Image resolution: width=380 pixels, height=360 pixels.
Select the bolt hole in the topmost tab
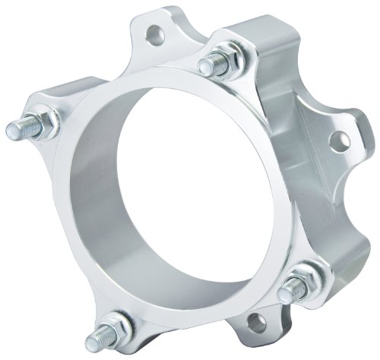(157, 33)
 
